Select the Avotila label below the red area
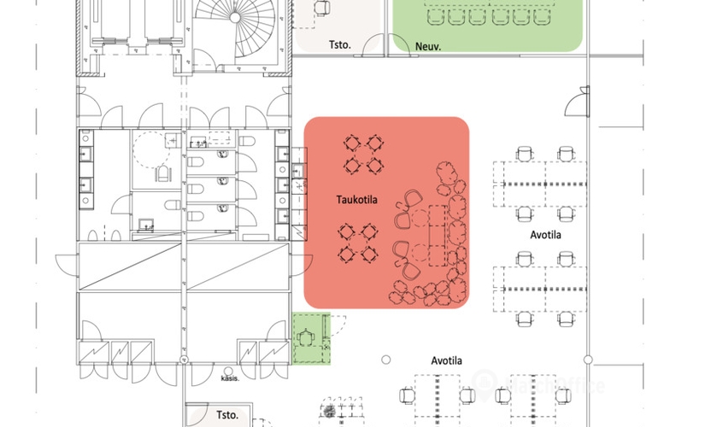click(446, 360)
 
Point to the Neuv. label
click(427, 48)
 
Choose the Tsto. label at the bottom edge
click(226, 415)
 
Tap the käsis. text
click(228, 377)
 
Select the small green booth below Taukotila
click(311, 339)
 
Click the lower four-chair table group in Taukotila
click(357, 243)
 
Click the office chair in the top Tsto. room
click(322, 7)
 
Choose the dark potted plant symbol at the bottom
click(328, 412)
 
